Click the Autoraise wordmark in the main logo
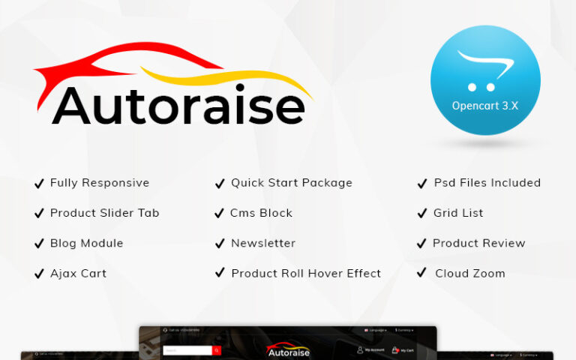(x=178, y=106)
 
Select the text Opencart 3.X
(x=484, y=106)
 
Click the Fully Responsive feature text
(x=100, y=183)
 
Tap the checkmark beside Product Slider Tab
(x=39, y=214)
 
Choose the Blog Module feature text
(x=86, y=244)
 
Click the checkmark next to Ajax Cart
(x=39, y=274)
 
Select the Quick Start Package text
(x=291, y=183)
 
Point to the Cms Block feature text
(x=261, y=213)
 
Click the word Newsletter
(x=262, y=244)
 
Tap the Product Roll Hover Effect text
(x=306, y=274)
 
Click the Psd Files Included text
(x=487, y=183)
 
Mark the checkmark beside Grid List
(x=421, y=214)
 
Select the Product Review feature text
(x=478, y=244)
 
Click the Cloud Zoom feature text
(x=469, y=274)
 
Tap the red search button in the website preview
(x=217, y=350)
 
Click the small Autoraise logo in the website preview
(x=288, y=350)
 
